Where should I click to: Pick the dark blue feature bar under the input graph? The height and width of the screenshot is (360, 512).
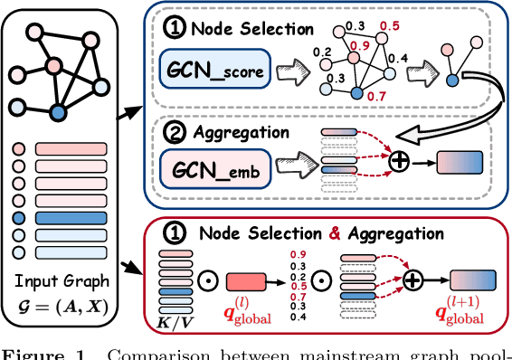(70, 218)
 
